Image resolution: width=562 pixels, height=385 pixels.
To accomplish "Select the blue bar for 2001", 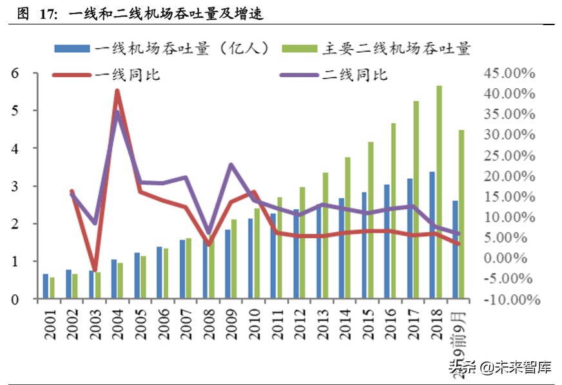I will [45, 286].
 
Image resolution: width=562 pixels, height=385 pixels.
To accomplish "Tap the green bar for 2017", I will [416, 200].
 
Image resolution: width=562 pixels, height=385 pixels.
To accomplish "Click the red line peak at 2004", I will [117, 91].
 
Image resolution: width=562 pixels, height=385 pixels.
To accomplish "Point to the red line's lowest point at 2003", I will [95, 270].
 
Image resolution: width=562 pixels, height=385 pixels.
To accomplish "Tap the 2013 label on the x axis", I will [325, 325].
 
